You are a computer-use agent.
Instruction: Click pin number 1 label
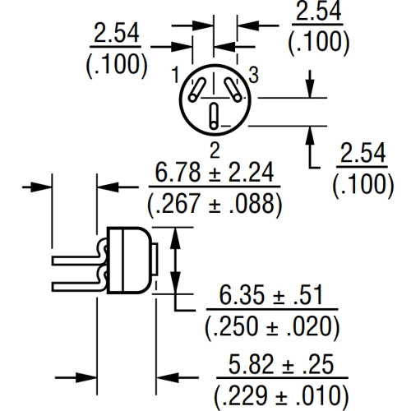coord(175,75)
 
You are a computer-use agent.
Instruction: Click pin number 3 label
coord(254,75)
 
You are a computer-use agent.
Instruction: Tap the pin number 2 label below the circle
coord(215,150)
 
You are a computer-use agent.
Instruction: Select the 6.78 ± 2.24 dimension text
coord(215,172)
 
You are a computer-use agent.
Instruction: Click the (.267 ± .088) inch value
coord(215,204)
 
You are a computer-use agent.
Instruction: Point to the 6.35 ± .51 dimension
coord(271,295)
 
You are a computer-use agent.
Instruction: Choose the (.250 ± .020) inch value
coord(272,326)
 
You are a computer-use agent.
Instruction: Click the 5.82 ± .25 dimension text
coord(281,364)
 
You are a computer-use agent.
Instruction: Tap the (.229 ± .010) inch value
coord(281,396)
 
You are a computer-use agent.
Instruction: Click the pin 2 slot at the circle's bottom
coord(214,116)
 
